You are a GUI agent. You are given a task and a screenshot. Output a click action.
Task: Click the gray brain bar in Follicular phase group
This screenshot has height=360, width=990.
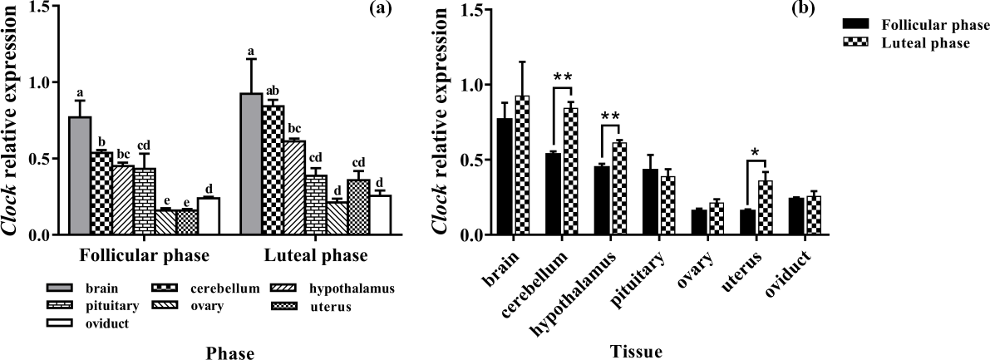point(80,176)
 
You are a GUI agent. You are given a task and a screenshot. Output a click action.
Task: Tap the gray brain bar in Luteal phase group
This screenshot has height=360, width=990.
point(250,165)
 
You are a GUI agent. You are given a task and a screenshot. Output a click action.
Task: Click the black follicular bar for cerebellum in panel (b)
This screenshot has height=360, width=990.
point(552,195)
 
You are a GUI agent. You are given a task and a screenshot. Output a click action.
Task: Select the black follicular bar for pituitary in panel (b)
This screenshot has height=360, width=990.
point(651,202)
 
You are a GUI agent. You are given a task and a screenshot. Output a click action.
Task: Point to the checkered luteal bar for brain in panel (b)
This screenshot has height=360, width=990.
point(522,165)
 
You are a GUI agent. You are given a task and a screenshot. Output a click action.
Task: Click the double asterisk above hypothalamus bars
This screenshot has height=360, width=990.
point(610,116)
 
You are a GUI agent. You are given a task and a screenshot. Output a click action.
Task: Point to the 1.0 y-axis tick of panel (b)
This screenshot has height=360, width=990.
point(475,85)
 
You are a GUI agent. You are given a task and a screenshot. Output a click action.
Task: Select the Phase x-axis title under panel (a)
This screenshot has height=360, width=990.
point(230,353)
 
